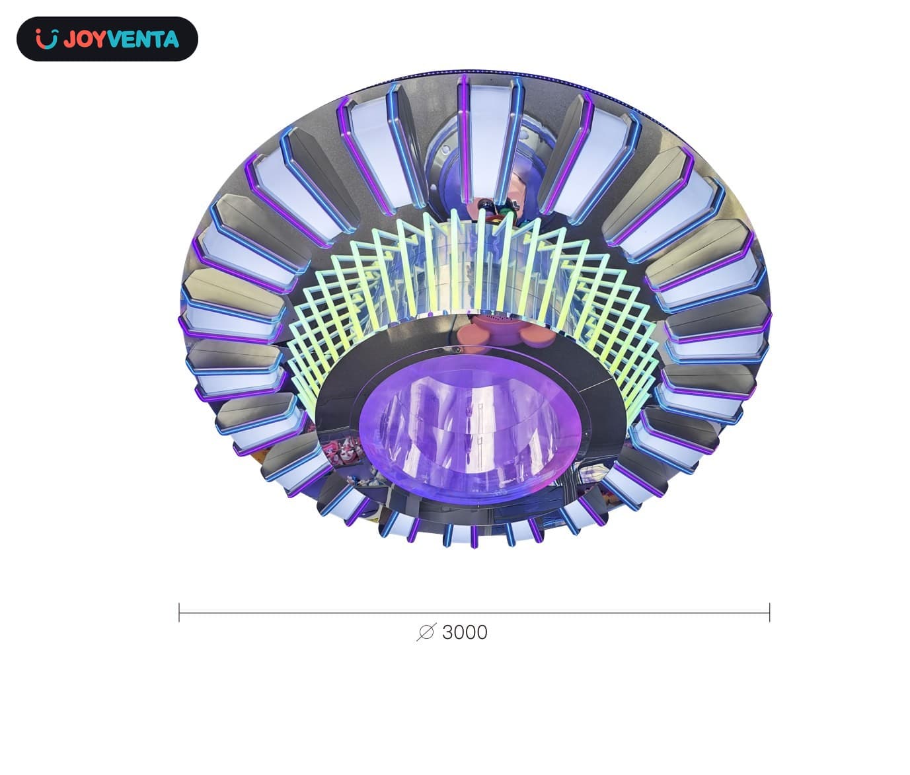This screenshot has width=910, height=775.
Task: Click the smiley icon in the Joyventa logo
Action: pyautogui.click(x=47, y=39)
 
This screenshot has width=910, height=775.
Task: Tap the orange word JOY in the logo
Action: pyautogui.click(x=85, y=39)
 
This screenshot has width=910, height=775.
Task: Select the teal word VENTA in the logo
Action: pyautogui.click(x=143, y=39)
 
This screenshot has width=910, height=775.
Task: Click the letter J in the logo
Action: pyautogui.click(x=69, y=39)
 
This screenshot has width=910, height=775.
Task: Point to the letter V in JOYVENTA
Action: pyautogui.click(x=114, y=39)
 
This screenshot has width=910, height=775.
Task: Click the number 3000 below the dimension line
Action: pyautogui.click(x=465, y=633)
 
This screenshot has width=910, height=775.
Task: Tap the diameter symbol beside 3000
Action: pyautogui.click(x=426, y=632)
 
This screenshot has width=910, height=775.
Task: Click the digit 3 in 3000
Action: pyautogui.click(x=447, y=633)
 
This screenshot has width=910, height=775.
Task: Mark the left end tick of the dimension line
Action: pyautogui.click(x=179, y=612)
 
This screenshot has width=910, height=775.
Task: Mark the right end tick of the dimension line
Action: pyautogui.click(x=769, y=612)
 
